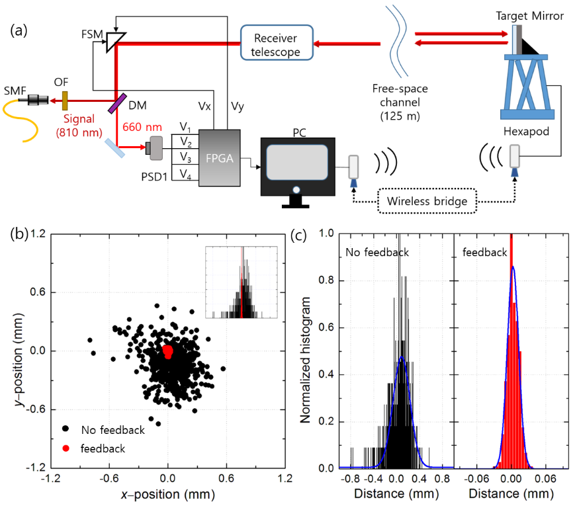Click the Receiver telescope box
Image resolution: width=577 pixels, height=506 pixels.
point(276,43)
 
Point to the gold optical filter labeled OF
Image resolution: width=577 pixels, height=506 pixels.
point(65,101)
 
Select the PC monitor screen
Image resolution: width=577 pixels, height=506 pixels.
point(296,161)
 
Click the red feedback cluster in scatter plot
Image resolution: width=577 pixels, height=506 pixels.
point(168,351)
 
